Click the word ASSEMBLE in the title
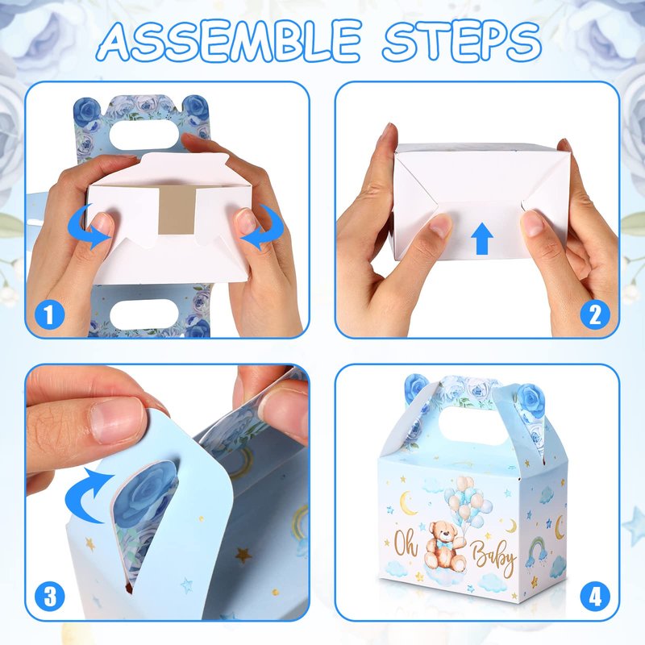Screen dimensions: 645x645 230,40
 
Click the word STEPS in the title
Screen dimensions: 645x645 461,40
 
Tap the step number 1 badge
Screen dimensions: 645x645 49,315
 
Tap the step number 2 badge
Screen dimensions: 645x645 595,315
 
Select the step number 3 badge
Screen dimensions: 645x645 49,596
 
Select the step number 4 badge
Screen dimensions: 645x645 595,596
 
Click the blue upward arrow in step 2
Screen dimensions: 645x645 481,239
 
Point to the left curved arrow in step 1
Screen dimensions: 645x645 89,227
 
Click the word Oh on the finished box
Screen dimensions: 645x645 406,543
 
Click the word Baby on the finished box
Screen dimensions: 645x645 494,556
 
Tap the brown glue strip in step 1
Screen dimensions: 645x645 177,210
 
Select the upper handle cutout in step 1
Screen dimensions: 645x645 144,135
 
